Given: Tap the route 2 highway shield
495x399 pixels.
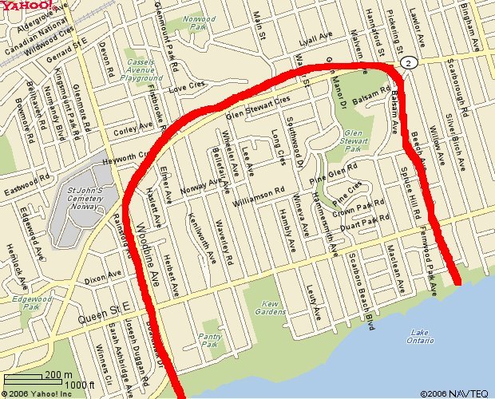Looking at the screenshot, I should (408, 62).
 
